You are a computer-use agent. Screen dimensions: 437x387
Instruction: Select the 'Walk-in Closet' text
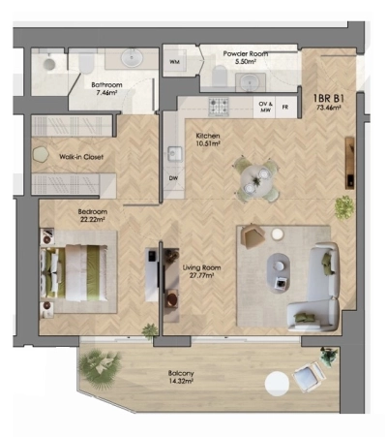(x=80, y=157)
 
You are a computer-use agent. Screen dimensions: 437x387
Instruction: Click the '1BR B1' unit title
(x=329, y=97)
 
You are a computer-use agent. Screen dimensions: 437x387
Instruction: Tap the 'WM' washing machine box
(x=175, y=63)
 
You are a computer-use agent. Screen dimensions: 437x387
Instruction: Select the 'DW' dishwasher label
(x=174, y=178)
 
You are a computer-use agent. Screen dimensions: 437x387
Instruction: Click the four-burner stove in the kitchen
(x=221, y=105)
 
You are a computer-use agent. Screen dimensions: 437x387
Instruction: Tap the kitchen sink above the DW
(x=174, y=153)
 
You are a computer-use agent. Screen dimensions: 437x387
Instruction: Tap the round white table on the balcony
(x=279, y=385)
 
